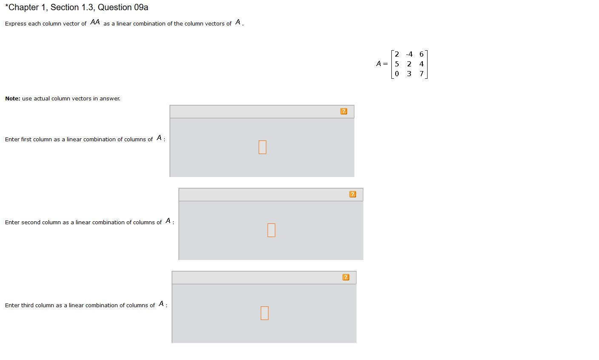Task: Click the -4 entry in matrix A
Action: click(409, 54)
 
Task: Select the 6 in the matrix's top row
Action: click(422, 54)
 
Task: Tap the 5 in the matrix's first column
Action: click(397, 64)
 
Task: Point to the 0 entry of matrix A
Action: click(397, 74)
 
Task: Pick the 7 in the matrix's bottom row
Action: click(422, 74)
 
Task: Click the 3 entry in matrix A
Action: click(409, 74)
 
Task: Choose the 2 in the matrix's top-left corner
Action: click(397, 54)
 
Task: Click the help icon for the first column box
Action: click(344, 111)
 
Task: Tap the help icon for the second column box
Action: click(353, 194)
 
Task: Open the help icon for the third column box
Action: click(346, 277)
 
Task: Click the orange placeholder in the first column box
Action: click(262, 147)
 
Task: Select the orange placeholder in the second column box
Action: click(271, 230)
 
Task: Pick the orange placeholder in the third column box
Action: click(265, 313)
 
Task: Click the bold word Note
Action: click(12, 99)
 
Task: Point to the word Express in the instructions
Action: click(15, 24)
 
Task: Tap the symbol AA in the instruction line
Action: click(95, 23)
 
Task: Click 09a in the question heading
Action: click(141, 8)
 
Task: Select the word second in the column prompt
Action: click(30, 223)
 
